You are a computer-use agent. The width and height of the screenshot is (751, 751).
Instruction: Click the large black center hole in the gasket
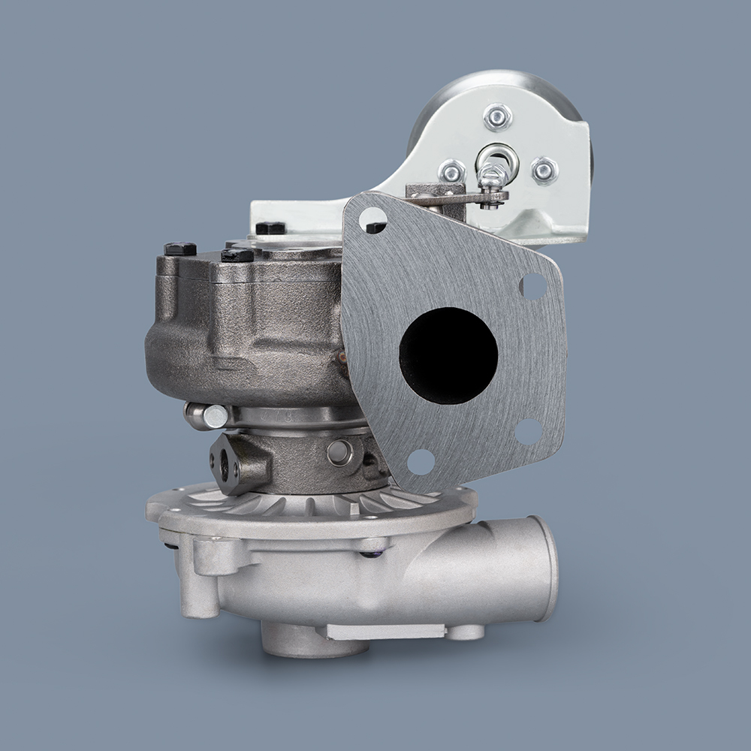coord(448,345)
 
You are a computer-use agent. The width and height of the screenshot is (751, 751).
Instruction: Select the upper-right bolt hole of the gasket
coord(532,285)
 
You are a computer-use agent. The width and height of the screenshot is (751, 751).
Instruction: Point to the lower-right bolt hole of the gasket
coord(528,431)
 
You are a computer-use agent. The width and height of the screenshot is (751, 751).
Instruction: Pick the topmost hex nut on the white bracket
coord(497,116)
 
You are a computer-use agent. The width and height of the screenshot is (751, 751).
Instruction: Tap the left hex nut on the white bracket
coord(452,172)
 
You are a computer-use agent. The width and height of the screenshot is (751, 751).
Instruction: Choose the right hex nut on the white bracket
coord(544,170)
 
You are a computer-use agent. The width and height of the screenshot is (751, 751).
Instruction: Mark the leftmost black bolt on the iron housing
coord(179,249)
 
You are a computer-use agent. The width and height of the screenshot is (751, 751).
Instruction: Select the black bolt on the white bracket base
coord(270,228)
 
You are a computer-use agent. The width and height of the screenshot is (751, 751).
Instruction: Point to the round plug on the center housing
coord(340,451)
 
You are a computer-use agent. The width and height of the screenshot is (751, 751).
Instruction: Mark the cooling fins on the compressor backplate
coord(300,502)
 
